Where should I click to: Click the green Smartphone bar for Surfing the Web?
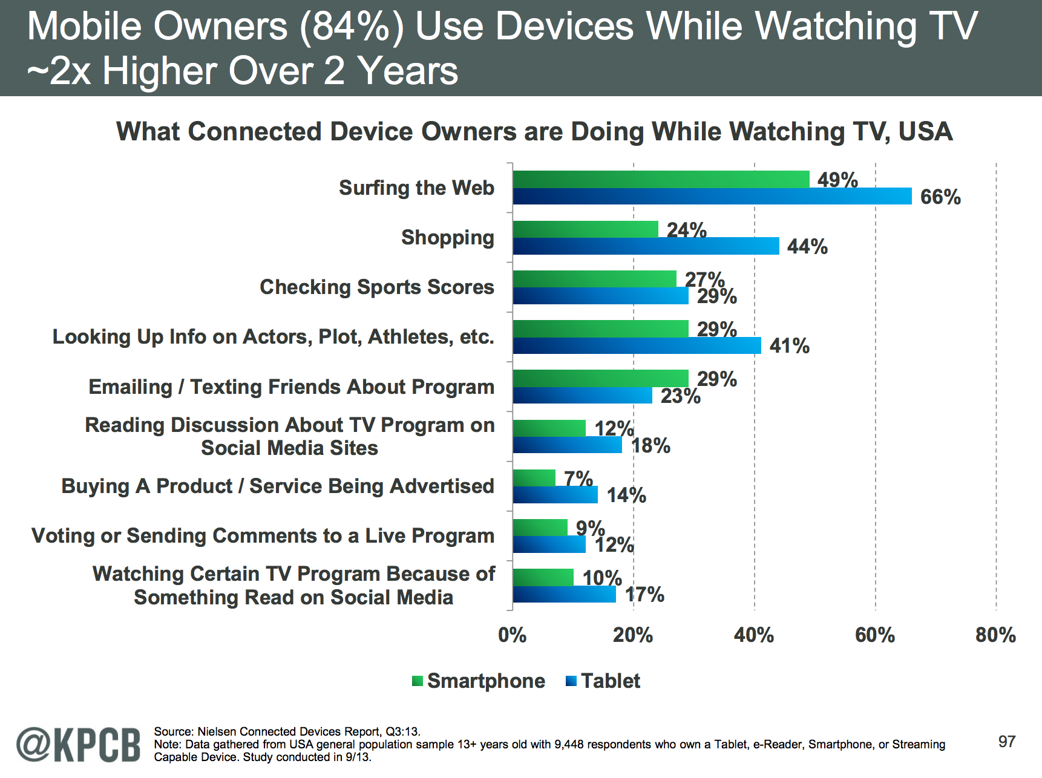(661, 179)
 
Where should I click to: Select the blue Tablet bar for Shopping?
(646, 246)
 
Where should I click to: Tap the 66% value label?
(940, 197)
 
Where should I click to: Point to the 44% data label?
(807, 247)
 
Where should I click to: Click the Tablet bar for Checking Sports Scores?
(600, 296)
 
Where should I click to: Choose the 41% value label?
(789, 346)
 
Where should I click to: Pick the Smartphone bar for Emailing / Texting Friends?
(600, 378)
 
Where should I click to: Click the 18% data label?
(650, 446)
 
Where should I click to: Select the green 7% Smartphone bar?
(534, 478)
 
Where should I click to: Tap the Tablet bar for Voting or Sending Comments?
(549, 544)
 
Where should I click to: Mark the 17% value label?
(644, 595)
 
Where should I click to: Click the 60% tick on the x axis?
(875, 635)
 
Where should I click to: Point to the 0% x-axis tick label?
(512, 635)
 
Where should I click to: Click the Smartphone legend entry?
(479, 681)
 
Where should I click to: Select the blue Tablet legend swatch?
(571, 681)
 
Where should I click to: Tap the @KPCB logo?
(79, 745)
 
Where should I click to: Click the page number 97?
(1006, 742)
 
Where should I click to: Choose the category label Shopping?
(447, 238)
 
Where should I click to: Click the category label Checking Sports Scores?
(376, 287)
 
